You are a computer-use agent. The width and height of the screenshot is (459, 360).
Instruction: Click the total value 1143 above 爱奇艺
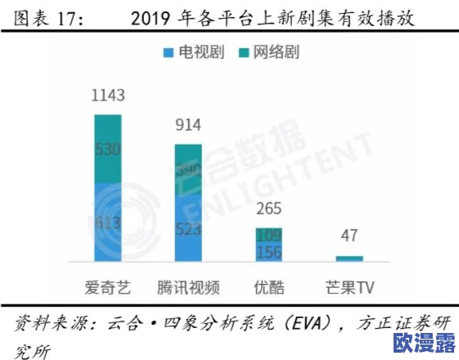pos(108,97)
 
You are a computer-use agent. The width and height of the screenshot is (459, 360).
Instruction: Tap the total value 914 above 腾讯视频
pos(188,125)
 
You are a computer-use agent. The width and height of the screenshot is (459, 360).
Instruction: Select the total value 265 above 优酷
pos(268,207)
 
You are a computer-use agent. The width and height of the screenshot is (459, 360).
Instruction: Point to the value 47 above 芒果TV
pos(349,237)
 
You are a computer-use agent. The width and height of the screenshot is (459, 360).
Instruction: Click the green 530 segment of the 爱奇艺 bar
pos(108,149)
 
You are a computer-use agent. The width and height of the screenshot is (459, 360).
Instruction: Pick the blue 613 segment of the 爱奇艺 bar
pos(108,223)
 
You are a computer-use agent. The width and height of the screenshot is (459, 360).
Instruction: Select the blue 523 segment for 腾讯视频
pos(188,229)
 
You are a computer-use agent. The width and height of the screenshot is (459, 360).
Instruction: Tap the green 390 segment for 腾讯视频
pos(188,170)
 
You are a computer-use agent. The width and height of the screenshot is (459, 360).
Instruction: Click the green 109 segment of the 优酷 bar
pos(268,236)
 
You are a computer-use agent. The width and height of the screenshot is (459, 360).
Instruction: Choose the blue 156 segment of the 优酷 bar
pos(268,253)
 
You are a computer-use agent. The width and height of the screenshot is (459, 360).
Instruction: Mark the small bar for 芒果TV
pos(349,259)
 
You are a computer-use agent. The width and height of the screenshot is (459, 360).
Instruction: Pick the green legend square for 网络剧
pos(244,53)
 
